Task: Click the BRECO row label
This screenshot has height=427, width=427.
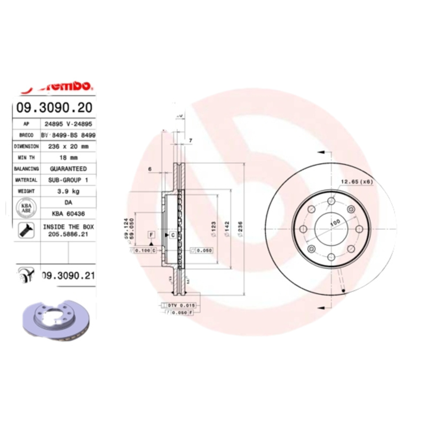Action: pos(26,135)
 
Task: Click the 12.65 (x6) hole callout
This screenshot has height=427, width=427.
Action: pos(357,182)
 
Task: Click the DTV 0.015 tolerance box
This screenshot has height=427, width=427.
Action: pos(182,305)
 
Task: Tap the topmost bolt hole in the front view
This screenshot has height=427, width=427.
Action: pos(331,201)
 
